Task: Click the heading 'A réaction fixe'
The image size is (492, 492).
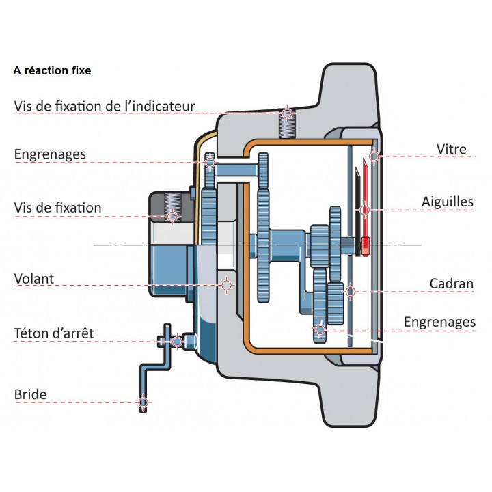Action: click(52, 70)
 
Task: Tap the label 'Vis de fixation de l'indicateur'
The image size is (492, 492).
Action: click(105, 107)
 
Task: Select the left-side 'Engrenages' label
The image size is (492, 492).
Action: click(50, 154)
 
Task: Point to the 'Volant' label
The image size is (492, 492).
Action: click(33, 279)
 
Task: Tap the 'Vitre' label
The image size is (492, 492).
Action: click(451, 150)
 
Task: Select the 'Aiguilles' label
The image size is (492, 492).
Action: click(448, 202)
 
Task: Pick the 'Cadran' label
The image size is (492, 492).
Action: click(452, 283)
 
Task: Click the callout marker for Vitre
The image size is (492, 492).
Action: click(374, 156)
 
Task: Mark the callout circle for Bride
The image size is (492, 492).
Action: click(143, 402)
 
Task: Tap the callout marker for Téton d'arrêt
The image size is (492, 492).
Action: click(177, 340)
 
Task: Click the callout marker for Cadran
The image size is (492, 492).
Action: click(351, 292)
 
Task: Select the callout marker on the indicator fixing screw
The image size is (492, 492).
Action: click(288, 112)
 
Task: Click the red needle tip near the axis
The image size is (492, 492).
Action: click(366, 244)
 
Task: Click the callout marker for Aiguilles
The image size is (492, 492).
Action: click(365, 210)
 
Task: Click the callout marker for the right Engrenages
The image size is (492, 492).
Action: click(319, 330)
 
